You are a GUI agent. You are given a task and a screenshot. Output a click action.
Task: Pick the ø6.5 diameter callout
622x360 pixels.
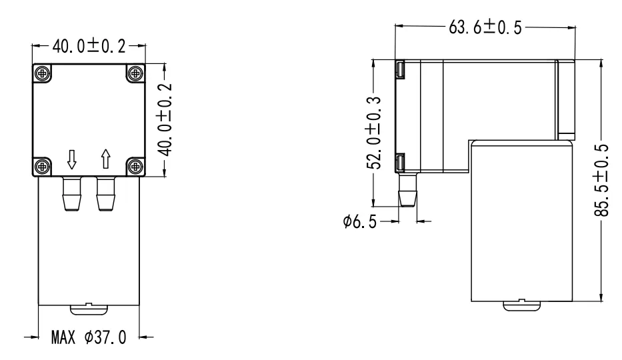[x=359, y=221]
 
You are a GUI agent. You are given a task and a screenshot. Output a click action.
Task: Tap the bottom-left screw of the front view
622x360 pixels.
[x=42, y=165]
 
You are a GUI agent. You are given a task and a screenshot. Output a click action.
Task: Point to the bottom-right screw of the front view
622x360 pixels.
[x=135, y=165]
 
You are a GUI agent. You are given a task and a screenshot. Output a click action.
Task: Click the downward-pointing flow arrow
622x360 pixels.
[x=72, y=159]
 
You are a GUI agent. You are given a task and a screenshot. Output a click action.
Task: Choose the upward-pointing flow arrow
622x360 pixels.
[x=105, y=159]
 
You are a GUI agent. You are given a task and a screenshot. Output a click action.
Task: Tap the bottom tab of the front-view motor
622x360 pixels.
[x=88, y=307]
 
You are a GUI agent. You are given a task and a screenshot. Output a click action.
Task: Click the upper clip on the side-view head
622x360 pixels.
[x=400, y=69]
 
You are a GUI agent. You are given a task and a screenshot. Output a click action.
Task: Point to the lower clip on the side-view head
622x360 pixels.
[x=400, y=161]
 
